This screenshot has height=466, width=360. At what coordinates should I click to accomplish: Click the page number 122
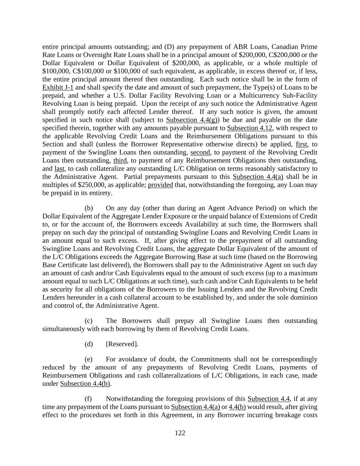pos(180,433)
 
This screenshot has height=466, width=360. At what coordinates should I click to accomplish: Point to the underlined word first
pos(302,144)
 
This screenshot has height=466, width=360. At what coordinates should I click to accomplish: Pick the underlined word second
pos(200,152)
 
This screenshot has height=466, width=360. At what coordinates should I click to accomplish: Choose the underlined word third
pos(120,160)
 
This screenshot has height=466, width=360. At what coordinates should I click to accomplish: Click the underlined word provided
pos(160,185)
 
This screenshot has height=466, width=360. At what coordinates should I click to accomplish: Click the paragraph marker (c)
pos(89,321)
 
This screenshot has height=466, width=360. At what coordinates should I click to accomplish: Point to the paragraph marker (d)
pos(89,344)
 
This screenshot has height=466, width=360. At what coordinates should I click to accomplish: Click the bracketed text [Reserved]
pos(122,344)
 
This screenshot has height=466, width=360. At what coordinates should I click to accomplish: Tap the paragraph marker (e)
pos(89,359)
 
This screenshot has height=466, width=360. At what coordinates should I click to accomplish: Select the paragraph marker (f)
pos(89,399)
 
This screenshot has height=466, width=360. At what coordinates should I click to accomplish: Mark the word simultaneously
pos(63,329)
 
